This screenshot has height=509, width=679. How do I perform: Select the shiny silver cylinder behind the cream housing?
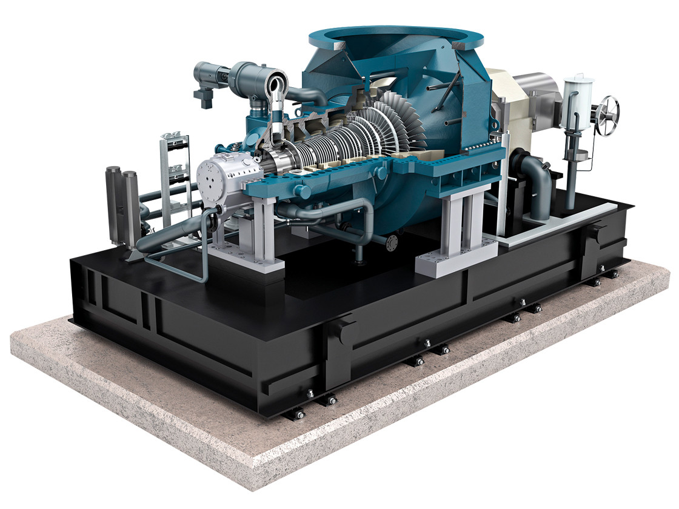click(x=537, y=91)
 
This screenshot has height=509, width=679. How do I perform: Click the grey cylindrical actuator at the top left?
click(x=209, y=76)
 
